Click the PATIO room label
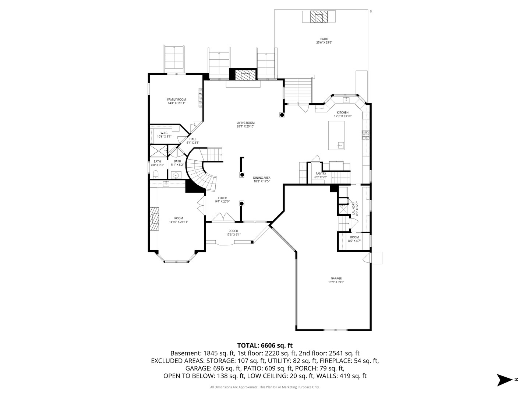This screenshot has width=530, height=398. tap(324, 39)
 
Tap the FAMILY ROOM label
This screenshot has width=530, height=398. tap(177, 99)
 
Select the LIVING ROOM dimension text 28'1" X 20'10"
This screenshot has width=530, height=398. tap(245, 126)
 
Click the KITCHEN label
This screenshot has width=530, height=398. tap(343, 112)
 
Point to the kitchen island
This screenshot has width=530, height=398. tap(336, 135)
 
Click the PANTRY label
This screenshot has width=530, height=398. tap(321, 174)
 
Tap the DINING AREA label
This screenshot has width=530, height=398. tap(261, 178)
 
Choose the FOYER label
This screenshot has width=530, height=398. tap(222, 198)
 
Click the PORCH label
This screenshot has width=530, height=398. tap(233, 231)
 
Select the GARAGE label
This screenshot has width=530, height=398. tap(336, 278)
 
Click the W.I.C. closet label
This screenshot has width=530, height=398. tap(164, 133)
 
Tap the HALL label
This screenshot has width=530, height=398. tap(193, 139)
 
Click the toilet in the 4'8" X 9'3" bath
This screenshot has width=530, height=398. tap(156, 174)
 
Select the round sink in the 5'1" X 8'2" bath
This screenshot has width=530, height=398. tap(176, 175)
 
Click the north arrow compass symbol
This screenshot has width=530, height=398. tap(504, 380)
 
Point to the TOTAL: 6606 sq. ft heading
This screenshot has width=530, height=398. tap(265, 345)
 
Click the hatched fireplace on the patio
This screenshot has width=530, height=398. tap(319, 17)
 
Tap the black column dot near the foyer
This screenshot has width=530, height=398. tap(241, 204)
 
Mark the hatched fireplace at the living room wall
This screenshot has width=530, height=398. tap(245, 75)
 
